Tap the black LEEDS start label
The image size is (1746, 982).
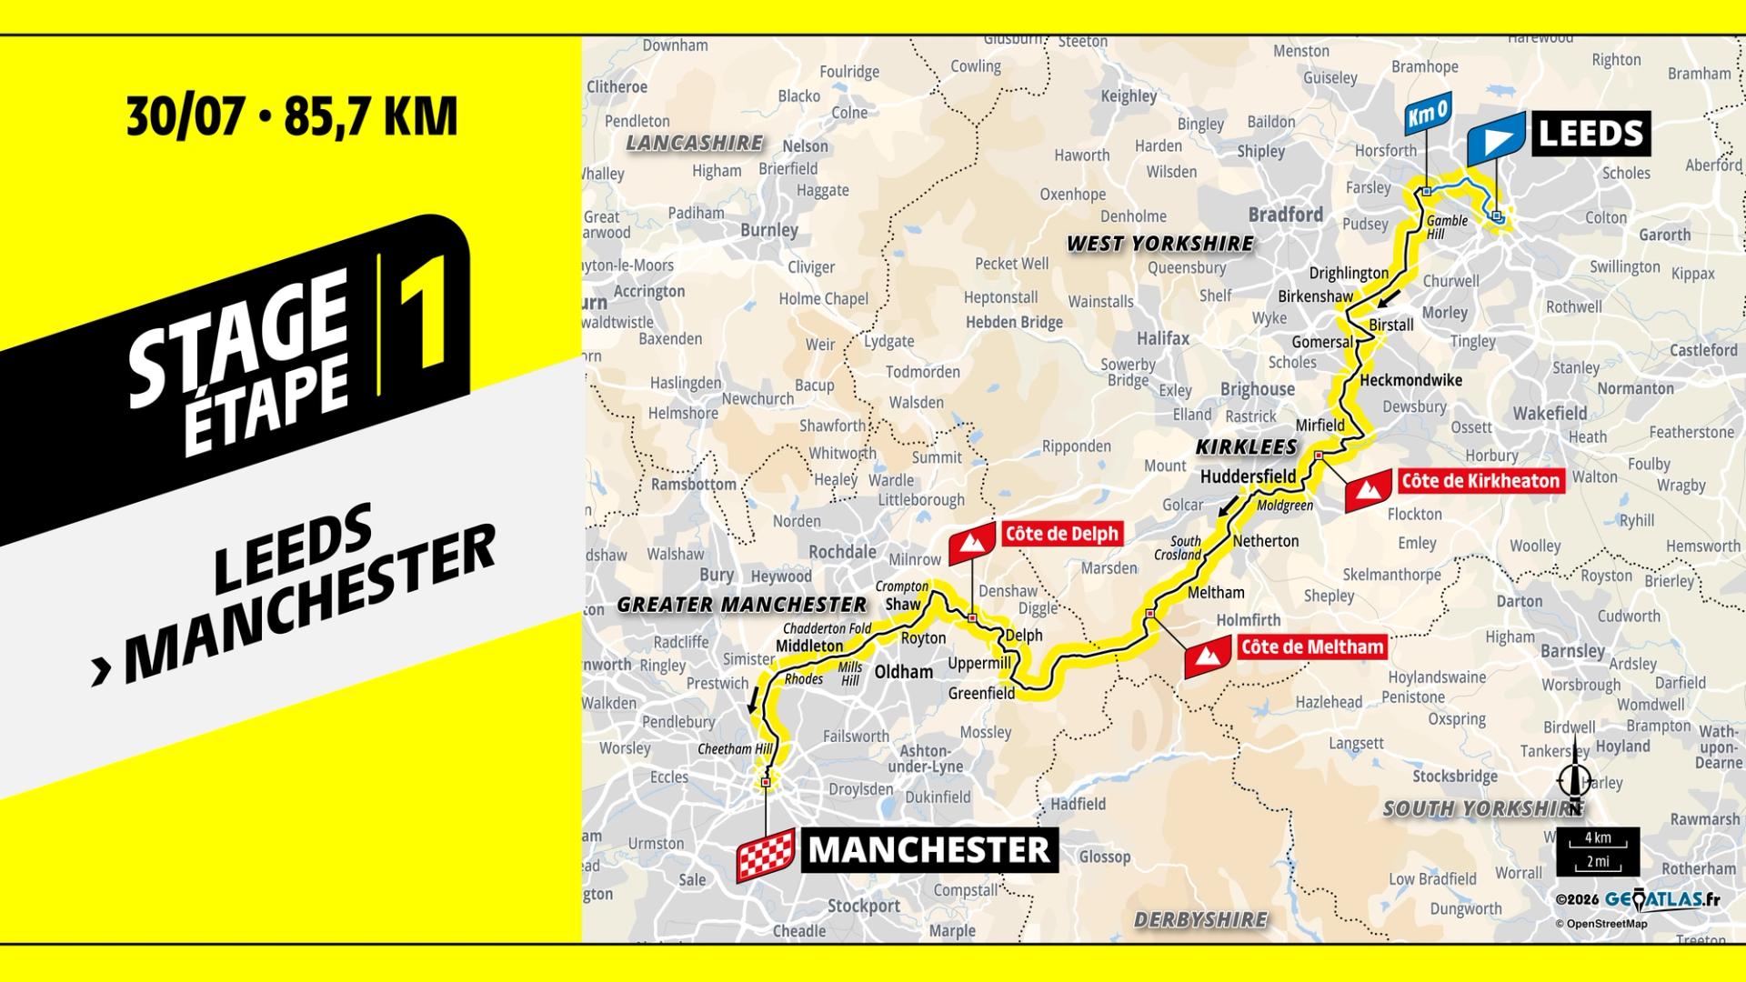[1590, 134]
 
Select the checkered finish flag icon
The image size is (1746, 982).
[765, 854]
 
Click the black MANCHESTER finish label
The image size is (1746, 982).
[928, 850]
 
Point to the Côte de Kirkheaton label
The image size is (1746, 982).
[1480, 481]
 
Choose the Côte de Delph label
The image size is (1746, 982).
[1060, 534]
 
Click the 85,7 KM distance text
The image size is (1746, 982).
[370, 116]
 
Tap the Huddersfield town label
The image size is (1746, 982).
[1248, 476]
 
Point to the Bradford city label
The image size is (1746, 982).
[1285, 215]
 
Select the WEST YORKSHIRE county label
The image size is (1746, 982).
[1159, 244]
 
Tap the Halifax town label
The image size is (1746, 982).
[1163, 338]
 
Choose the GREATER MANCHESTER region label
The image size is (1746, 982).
[741, 605]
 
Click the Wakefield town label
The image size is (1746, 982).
[1550, 414]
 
